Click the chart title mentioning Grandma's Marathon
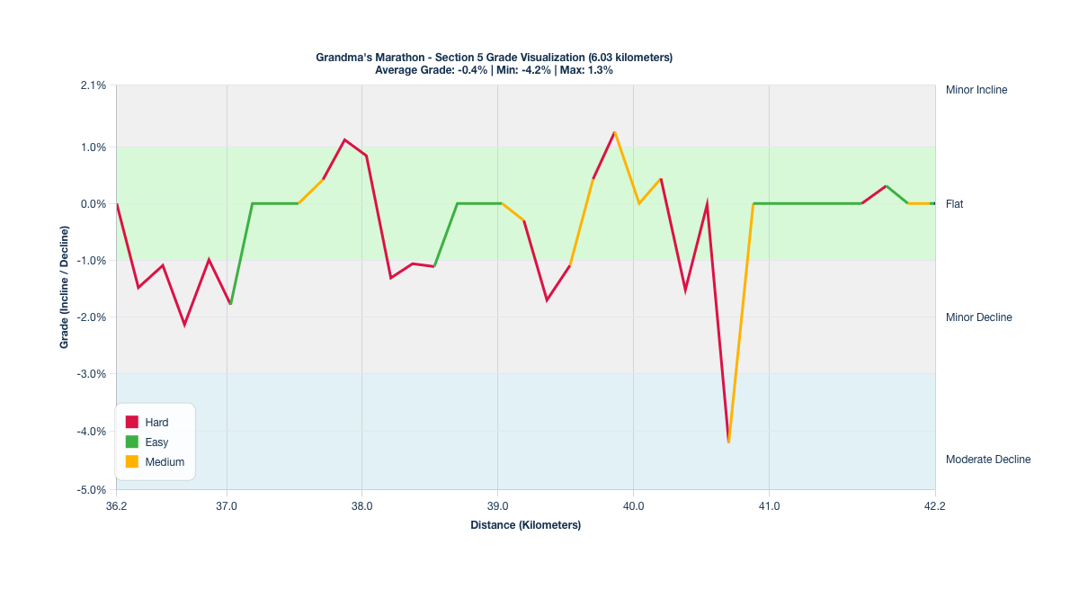[494, 58]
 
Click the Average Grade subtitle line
[494, 69]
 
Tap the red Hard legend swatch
[132, 422]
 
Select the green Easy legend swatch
[132, 442]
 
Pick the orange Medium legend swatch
[132, 461]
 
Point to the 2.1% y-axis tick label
[94, 85]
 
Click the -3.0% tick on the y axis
[93, 374]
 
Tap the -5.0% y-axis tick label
[93, 490]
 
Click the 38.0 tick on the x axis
[361, 506]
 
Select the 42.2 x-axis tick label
[935, 506]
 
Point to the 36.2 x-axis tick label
[116, 506]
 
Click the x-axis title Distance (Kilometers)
[525, 525]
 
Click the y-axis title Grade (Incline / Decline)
[65, 288]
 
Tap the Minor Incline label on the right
[976, 90]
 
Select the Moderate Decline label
[988, 460]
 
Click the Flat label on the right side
[954, 204]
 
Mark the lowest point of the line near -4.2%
[728, 442]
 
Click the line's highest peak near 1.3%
[614, 132]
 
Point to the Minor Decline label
[978, 317]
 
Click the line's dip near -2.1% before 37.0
[184, 325]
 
